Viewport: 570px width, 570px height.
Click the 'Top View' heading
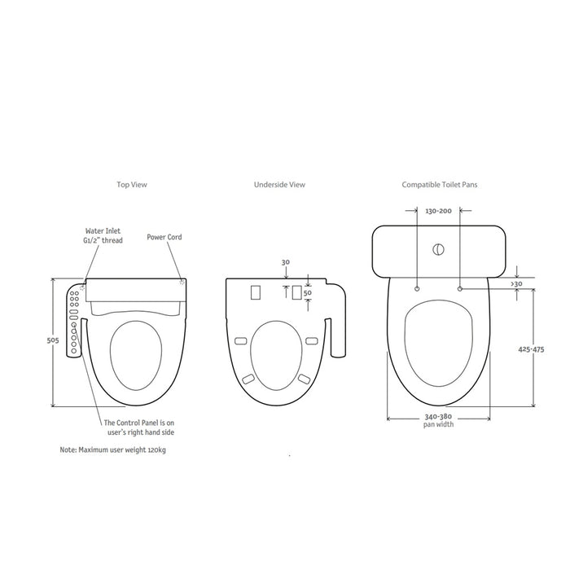pos(132,185)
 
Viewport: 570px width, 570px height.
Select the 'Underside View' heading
pos(279,185)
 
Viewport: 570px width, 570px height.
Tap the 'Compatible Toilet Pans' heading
pos(440,185)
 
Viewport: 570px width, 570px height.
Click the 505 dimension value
pos(53,340)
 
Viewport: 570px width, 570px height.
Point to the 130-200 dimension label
pos(438,211)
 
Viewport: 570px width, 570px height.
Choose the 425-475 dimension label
pos(531,349)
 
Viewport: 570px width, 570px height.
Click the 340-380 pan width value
pos(438,417)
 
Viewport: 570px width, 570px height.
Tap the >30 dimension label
pos(516,284)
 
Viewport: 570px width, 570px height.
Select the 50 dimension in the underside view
pos(308,292)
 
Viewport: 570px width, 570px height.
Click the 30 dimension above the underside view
pos(286,262)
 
